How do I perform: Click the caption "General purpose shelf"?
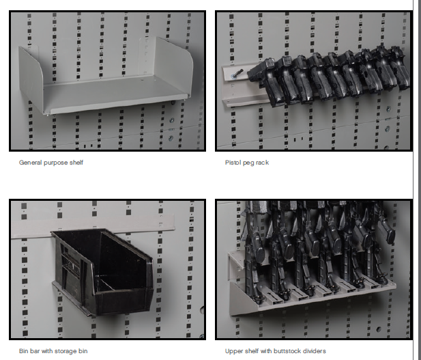(x=51, y=163)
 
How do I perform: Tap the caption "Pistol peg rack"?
(x=247, y=163)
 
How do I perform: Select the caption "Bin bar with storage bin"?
(x=53, y=351)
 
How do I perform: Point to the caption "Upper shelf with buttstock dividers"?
(x=276, y=351)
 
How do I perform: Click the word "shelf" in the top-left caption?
(x=76, y=163)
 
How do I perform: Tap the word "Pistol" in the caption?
(x=233, y=163)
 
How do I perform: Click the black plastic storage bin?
(x=102, y=272)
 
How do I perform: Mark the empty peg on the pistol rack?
(x=238, y=73)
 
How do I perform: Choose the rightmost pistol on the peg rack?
(x=400, y=67)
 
